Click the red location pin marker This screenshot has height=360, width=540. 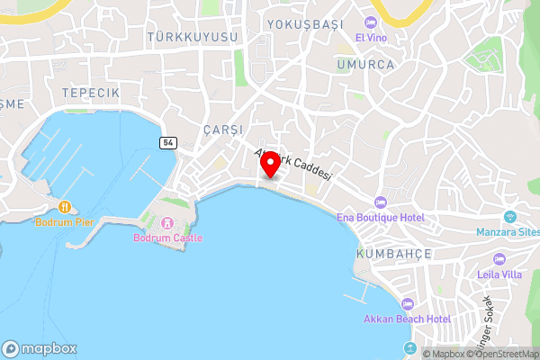(x=269, y=163)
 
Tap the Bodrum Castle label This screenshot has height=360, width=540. (x=167, y=238)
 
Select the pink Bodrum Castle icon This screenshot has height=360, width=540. (x=167, y=223)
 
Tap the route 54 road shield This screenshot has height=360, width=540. (x=167, y=143)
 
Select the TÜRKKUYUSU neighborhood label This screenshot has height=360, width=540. (x=194, y=37)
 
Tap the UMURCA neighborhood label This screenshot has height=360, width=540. (x=366, y=65)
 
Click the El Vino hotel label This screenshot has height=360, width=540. (x=372, y=37)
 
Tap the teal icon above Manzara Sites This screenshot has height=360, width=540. (x=509, y=216)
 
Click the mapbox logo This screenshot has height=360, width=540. (x=40, y=349)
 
